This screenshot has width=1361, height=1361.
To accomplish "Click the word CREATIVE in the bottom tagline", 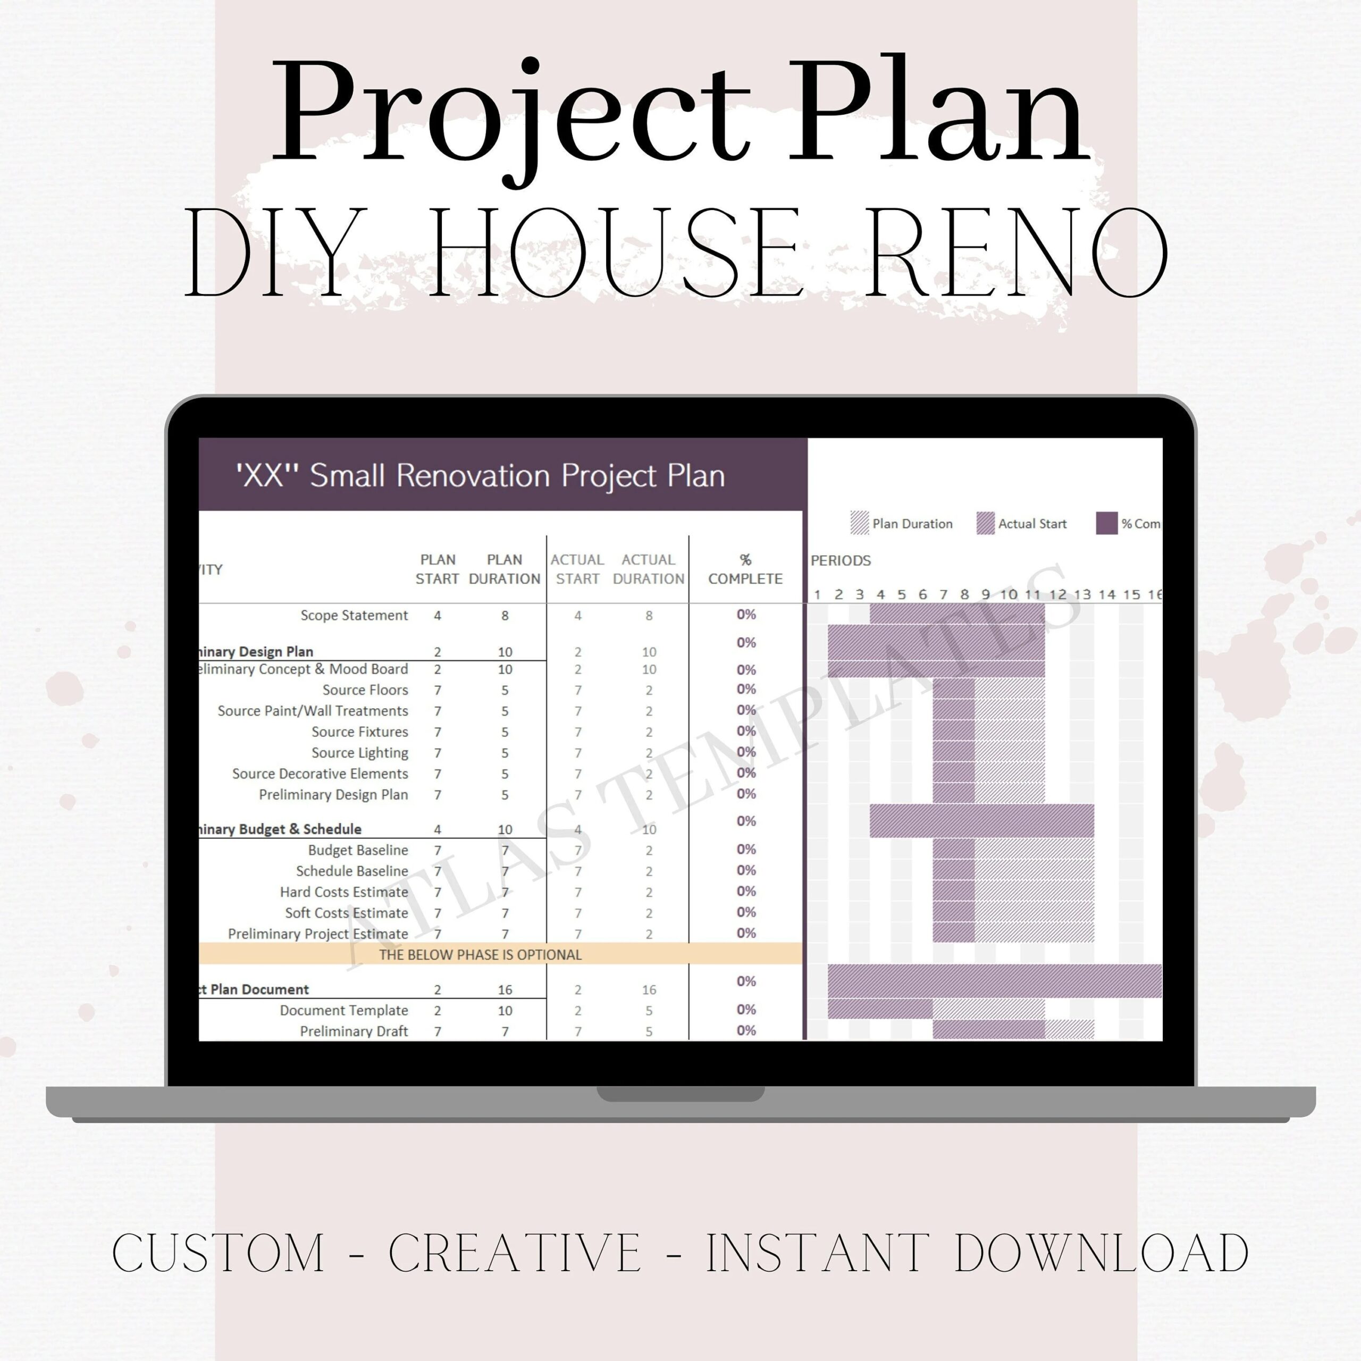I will pos(514,1253).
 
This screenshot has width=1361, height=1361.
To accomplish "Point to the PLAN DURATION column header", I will pos(505,569).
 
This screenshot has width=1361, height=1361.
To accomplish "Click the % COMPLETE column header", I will pos(745,569).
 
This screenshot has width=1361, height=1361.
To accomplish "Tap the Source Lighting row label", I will pos(359,753).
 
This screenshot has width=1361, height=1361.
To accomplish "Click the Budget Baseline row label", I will pos(358,850).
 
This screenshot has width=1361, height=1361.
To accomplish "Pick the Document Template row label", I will pos(344,1010).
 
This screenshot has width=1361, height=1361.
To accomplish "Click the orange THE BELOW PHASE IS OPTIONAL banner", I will pos(481,954).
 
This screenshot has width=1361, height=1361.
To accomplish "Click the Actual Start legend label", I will pos(1032,524).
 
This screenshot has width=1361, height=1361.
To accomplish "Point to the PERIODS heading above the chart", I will pos(841,561).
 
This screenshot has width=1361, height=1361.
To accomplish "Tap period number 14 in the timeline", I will pos(1107,594).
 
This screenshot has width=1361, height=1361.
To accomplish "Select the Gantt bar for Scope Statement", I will pos(956,614).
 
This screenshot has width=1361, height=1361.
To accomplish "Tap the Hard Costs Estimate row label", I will pos(344,892).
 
